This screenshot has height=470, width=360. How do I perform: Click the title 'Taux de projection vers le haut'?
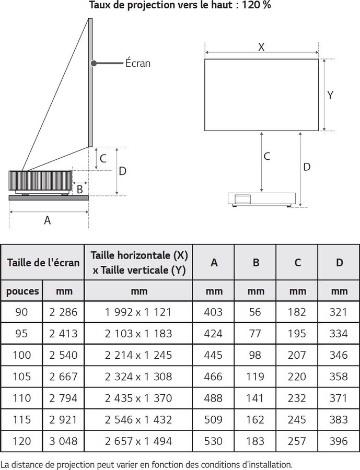[180, 6]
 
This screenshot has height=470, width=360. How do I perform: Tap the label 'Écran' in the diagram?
[137, 63]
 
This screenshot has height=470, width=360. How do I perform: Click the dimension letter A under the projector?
[47, 220]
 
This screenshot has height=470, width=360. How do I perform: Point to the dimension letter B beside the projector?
[79, 189]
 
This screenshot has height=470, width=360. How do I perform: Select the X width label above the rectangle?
[261, 47]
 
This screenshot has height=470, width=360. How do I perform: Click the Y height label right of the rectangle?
[330, 95]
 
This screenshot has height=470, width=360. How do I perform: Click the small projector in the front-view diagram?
[262, 199]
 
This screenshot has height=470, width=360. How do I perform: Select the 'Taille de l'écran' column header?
[43, 262]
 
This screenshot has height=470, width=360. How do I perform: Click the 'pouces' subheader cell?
[22, 291]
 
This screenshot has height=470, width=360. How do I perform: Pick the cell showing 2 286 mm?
[63, 312]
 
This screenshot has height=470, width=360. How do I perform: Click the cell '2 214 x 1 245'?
[138, 355]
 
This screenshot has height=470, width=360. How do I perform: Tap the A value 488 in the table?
[214, 398]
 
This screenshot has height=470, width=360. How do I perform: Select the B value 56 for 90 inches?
[256, 312]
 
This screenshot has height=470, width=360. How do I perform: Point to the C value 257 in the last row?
[297, 441]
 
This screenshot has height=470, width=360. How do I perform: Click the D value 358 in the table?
[339, 377]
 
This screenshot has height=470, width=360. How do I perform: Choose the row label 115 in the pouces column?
[22, 419]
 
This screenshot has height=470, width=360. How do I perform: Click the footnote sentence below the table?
[147, 464]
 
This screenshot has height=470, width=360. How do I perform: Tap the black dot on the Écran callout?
[94, 63]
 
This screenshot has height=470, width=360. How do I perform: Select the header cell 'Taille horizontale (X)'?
[138, 255]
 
